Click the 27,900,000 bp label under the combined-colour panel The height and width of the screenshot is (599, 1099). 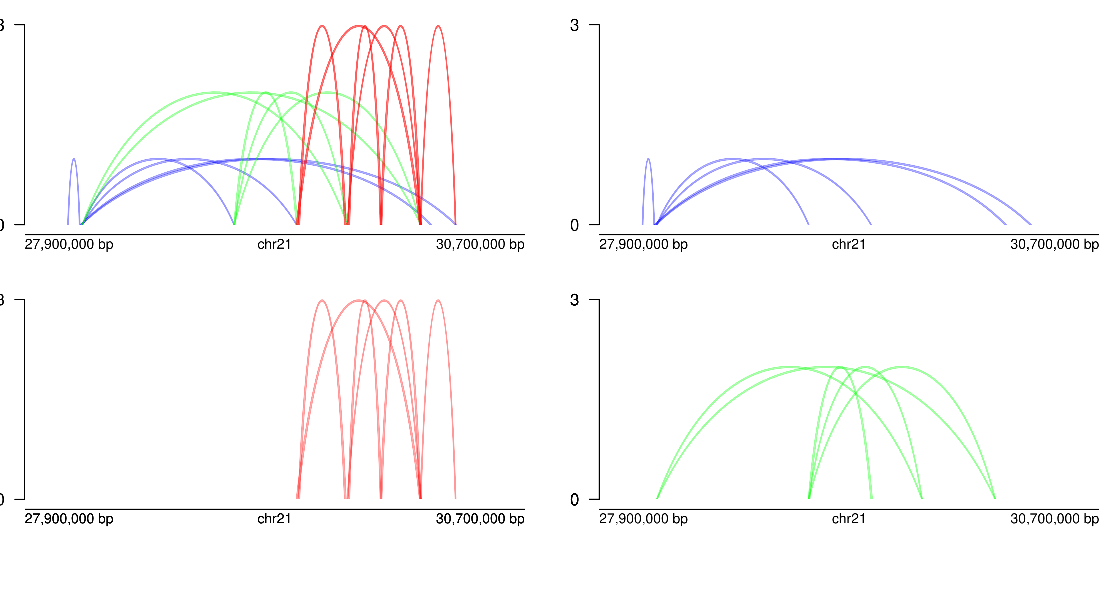click(x=69, y=244)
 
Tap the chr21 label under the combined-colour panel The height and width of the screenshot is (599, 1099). click(x=274, y=244)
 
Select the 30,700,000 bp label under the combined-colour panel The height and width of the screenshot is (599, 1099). click(x=480, y=244)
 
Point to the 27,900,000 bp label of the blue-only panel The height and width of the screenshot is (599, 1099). click(x=643, y=244)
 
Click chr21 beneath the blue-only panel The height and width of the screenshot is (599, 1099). click(x=849, y=244)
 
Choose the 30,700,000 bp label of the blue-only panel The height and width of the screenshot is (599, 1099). click(x=1054, y=244)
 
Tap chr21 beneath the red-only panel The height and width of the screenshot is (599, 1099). click(x=274, y=519)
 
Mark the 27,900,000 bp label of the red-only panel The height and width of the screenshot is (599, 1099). click(x=69, y=519)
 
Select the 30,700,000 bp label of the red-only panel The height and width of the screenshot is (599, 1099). click(x=480, y=519)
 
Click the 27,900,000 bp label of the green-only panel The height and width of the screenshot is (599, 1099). click(x=643, y=519)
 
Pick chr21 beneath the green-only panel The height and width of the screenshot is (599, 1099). click(x=849, y=519)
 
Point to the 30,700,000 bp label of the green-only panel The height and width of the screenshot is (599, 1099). click(x=1054, y=519)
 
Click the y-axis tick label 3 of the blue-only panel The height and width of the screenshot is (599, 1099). click(x=574, y=25)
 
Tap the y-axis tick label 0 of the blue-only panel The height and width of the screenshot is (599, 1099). click(x=574, y=225)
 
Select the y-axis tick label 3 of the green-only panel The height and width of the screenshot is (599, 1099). click(x=574, y=299)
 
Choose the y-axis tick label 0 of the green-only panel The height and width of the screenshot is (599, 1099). click(x=574, y=500)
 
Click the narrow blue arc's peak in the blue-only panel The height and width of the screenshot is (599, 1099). click(x=648, y=159)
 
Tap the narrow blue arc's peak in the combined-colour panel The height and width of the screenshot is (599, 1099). click(x=74, y=159)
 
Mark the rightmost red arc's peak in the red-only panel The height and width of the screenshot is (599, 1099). click(x=438, y=300)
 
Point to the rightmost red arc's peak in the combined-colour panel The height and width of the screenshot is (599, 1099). click(x=438, y=26)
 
